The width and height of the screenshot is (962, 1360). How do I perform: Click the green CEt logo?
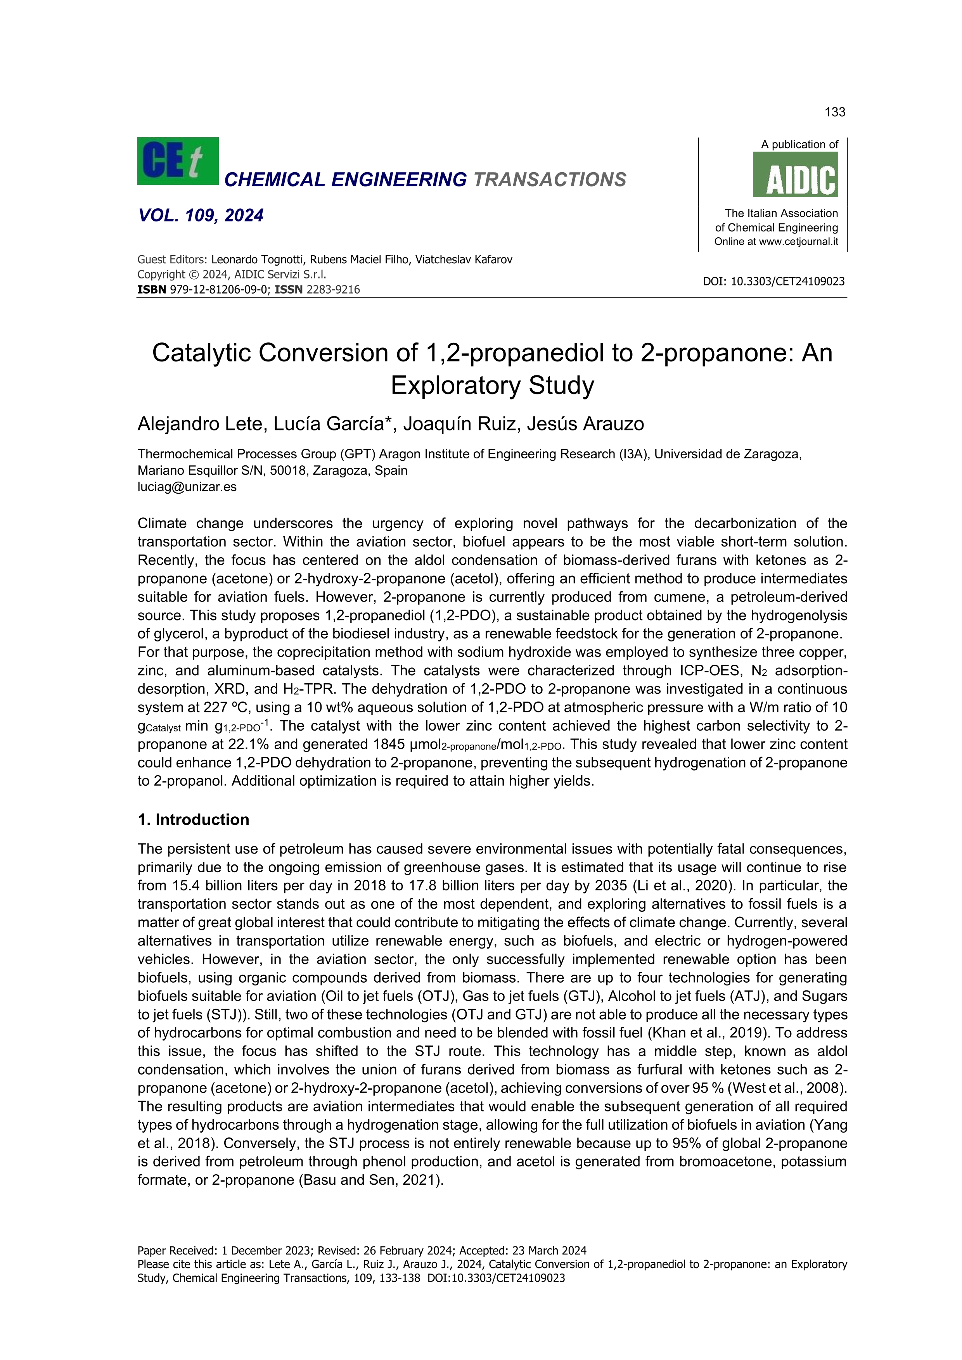(x=178, y=161)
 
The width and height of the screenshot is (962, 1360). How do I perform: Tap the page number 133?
(x=835, y=112)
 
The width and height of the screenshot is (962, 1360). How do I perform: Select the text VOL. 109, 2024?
(x=201, y=215)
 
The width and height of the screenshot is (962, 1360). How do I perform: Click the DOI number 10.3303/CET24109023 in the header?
(x=787, y=282)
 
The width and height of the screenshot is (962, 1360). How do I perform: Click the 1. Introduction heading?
(x=193, y=820)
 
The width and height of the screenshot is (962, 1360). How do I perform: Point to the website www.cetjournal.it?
(x=799, y=242)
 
